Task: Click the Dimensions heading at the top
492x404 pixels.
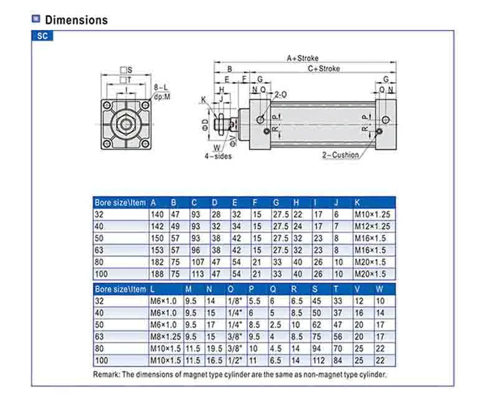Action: (x=76, y=20)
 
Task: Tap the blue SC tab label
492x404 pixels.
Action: (x=42, y=35)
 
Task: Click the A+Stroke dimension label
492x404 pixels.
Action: (x=303, y=59)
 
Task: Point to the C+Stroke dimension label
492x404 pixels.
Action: (x=323, y=68)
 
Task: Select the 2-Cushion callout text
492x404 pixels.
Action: (x=341, y=155)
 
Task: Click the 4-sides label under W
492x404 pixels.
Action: (x=218, y=156)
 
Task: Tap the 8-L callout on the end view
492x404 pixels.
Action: (x=161, y=88)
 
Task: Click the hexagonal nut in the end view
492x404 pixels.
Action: (x=126, y=124)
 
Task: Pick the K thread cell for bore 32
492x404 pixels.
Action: (x=372, y=215)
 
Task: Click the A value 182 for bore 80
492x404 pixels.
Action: (x=157, y=262)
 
